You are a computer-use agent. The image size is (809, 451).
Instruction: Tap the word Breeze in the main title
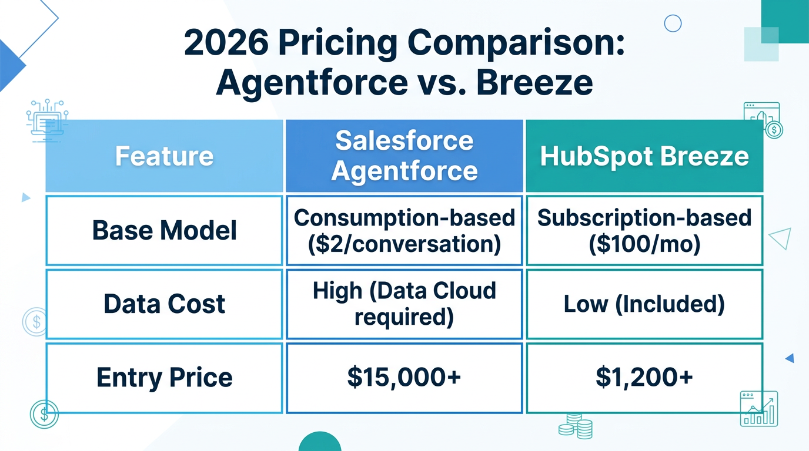tap(534, 83)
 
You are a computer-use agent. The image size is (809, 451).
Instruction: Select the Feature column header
tap(164, 156)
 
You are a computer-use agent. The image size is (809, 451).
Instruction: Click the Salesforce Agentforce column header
tap(404, 156)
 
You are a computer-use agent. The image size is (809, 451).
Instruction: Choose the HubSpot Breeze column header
tap(644, 156)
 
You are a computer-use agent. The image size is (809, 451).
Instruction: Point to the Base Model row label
tap(164, 230)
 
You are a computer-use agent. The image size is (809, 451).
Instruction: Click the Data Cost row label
tap(164, 304)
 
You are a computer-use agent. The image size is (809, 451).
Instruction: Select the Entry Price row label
tap(164, 377)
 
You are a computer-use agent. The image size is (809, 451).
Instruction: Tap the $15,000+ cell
tap(404, 377)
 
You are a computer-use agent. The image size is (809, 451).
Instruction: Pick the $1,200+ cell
tap(644, 377)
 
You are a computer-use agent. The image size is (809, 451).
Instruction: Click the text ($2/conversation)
tap(404, 243)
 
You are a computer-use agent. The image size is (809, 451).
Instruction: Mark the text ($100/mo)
tap(644, 243)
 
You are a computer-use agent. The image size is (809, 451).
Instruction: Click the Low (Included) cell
tap(644, 304)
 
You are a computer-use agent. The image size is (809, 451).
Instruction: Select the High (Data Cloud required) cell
tap(404, 304)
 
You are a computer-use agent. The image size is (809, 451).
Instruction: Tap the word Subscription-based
tap(644, 218)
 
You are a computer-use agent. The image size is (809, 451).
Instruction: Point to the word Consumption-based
tap(404, 218)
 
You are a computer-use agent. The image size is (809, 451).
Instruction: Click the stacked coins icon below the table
tap(576, 426)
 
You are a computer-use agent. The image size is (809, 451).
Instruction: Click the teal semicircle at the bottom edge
tap(320, 442)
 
